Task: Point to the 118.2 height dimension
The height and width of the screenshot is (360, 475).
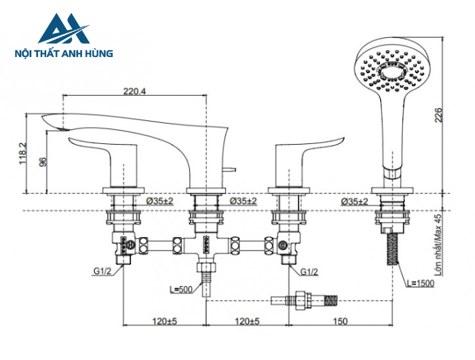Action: [x=22, y=154]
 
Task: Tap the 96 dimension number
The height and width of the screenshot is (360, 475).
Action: [x=43, y=162]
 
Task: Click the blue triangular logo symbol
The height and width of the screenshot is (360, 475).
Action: [x=63, y=29]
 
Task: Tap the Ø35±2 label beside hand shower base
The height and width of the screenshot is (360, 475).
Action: [x=354, y=202]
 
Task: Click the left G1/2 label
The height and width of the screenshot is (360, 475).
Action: [x=102, y=272]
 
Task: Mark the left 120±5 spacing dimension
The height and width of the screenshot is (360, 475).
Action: [x=163, y=321]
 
